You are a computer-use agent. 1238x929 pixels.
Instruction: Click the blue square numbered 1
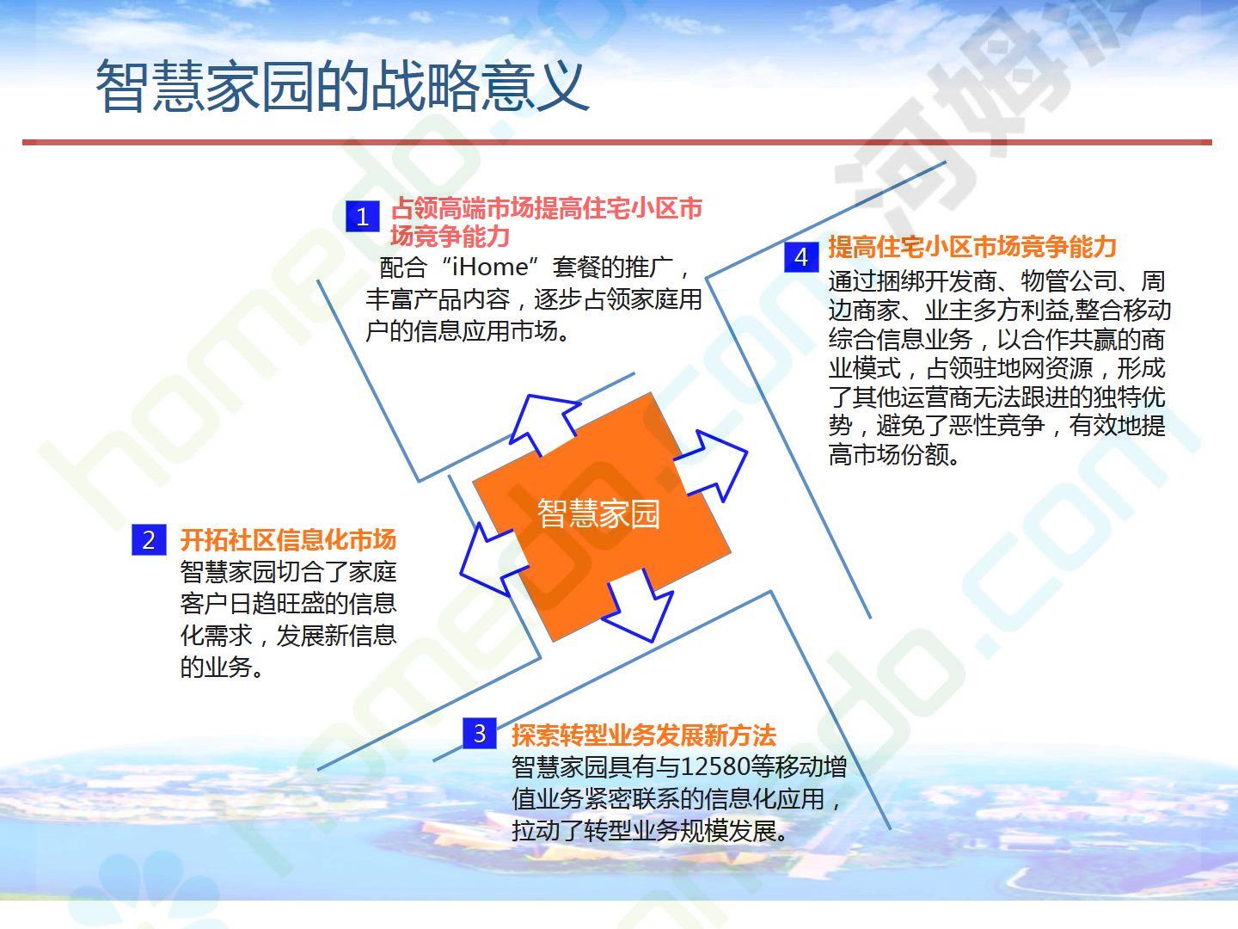363,217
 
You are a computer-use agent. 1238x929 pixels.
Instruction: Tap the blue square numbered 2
149,540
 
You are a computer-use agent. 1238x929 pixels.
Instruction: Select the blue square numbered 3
480,733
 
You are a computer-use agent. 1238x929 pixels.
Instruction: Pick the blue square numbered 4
801,257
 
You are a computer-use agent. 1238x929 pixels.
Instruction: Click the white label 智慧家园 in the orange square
598,514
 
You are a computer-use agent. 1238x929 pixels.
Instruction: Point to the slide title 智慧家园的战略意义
342,86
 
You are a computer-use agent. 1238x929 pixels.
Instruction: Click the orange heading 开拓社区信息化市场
288,540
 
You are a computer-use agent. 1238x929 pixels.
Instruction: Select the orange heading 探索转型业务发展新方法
644,735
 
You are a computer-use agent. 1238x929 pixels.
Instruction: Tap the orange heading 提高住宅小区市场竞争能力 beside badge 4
972,247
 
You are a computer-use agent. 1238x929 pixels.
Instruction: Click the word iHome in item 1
490,267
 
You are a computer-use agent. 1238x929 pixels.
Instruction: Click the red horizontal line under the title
617,142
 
